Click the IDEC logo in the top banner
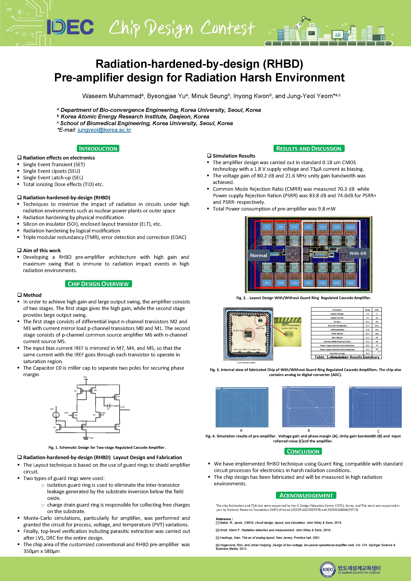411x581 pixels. pyautogui.click(x=70, y=27)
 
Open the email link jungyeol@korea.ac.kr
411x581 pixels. pyautogui.click(x=104, y=130)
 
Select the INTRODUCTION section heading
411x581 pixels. pyautogui.click(x=98, y=149)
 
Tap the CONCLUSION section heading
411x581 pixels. pyautogui.click(x=303, y=452)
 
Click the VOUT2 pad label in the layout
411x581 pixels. pyautogui.click(x=350, y=227)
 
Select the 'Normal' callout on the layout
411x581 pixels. pyautogui.click(x=258, y=255)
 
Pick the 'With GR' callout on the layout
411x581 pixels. pyautogui.click(x=358, y=253)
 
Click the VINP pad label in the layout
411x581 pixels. pyautogui.click(x=281, y=227)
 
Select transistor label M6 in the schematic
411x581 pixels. pyautogui.click(x=118, y=397)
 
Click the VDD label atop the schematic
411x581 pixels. pyautogui.click(x=85, y=377)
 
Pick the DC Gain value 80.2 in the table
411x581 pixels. pyautogui.click(x=367, y=322)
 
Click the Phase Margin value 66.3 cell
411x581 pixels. pyautogui.click(x=367, y=334)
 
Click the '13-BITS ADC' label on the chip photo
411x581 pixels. pyautogui.click(x=238, y=331)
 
